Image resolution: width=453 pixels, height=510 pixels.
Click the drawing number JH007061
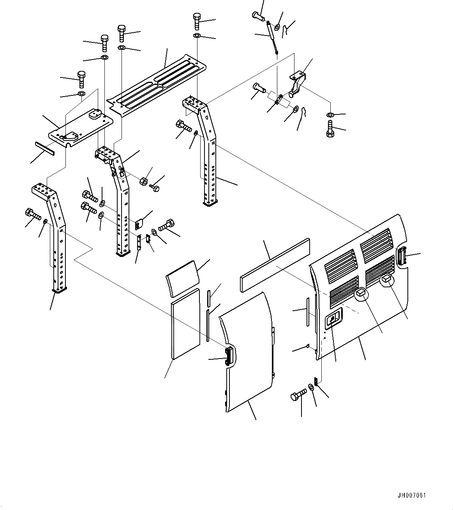pyautogui.click(x=412, y=496)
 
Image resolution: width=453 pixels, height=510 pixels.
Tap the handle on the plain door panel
pyautogui.click(x=230, y=355)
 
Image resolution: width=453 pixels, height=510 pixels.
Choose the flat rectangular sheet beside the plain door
pyautogui.click(x=185, y=323)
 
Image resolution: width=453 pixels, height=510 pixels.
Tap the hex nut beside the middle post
pyautogui.click(x=143, y=182)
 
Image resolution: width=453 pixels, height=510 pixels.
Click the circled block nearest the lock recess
pyautogui.click(x=361, y=292)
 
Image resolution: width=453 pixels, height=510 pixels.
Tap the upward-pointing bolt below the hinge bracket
pyautogui.click(x=330, y=130)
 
